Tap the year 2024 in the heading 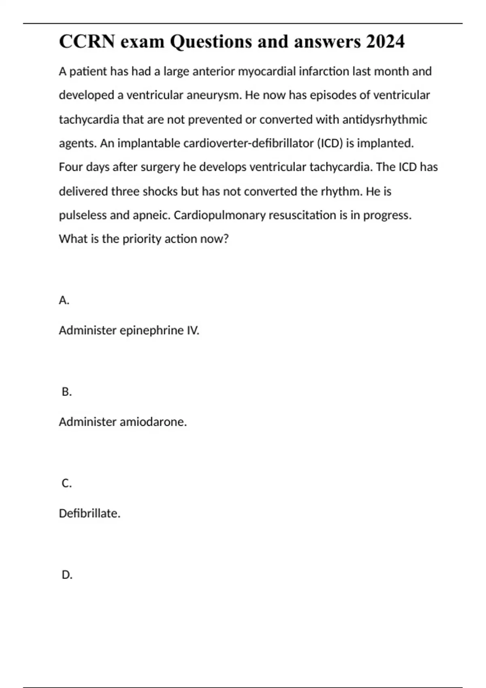385,41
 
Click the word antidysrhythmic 385,119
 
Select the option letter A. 64,300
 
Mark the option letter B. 66,392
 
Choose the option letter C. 66,483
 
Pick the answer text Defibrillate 90,514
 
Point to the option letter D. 67,575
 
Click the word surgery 160,167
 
